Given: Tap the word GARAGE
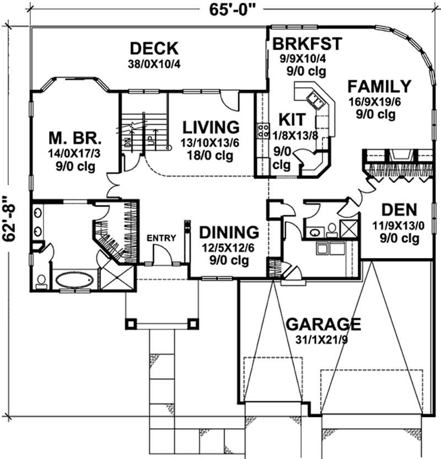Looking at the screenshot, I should [323, 323].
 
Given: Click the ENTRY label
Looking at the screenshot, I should [162, 238].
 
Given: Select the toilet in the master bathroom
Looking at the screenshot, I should [40, 280].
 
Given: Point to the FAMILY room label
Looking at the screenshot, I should [379, 87].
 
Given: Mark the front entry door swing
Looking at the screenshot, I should [162, 255].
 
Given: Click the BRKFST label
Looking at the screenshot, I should [308, 44].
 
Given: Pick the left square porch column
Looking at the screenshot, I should [131, 323].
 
